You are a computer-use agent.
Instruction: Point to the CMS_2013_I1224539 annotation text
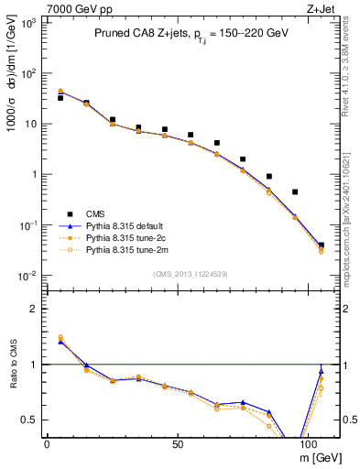pyautogui.click(x=191, y=273)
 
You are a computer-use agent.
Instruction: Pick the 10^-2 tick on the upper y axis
pyautogui.click(x=29, y=276)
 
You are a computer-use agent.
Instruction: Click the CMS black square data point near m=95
pyautogui.click(x=295, y=192)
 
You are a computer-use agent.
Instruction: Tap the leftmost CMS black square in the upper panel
pyautogui.click(x=60, y=97)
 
